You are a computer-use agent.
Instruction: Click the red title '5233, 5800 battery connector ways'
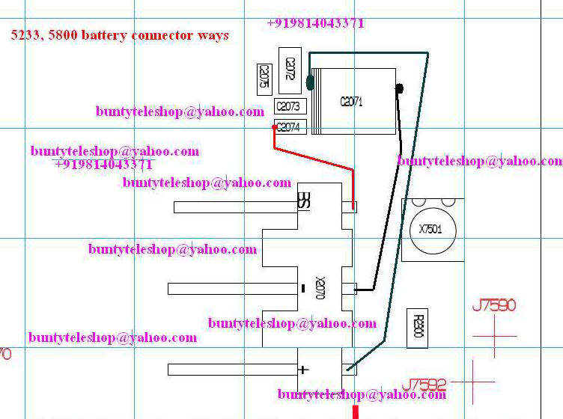click(x=120, y=35)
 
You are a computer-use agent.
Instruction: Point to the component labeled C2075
click(x=264, y=77)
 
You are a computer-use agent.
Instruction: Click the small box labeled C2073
click(x=288, y=107)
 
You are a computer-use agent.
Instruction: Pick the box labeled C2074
click(x=288, y=127)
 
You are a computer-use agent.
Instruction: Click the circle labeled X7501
click(x=430, y=229)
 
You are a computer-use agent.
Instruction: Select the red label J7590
click(x=494, y=306)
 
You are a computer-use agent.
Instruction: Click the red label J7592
click(x=424, y=385)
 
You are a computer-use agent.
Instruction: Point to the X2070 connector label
click(x=320, y=287)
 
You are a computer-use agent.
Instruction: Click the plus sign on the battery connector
click(x=303, y=369)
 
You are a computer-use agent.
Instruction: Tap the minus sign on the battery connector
click(x=302, y=288)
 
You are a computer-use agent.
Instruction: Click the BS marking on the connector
click(x=304, y=201)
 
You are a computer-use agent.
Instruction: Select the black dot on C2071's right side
click(x=399, y=89)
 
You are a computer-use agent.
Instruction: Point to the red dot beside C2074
click(x=274, y=128)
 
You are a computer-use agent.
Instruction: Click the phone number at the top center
click(x=315, y=23)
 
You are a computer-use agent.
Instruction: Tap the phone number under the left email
click(x=103, y=165)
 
